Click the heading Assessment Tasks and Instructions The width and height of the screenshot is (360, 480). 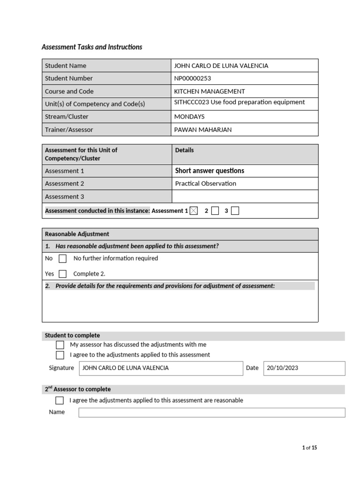pos(92,47)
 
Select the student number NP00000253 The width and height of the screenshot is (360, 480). pos(193,78)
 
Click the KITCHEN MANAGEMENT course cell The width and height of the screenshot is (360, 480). pos(210,91)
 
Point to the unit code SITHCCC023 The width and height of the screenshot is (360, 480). pos(191,102)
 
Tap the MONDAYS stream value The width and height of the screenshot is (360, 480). pos(189,117)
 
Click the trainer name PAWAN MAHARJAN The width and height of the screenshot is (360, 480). pos(202,129)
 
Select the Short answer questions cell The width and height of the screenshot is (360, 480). pos(210,171)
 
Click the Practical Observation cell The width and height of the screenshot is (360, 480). pos(205,184)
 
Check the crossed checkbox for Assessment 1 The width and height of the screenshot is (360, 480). pos(194,211)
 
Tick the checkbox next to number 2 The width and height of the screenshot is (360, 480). pos(215,211)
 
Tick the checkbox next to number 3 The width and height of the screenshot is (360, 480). pos(235,211)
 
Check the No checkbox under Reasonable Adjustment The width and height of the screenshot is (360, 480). pos(62,259)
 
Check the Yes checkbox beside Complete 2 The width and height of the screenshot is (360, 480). pos(62,274)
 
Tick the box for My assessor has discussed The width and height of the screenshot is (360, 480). pos(60,345)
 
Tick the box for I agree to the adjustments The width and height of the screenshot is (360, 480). pos(60,355)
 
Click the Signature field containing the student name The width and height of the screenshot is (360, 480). pos(161,368)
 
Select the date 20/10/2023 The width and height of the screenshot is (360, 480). pos(282,368)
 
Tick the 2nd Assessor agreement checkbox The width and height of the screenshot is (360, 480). pos(60,400)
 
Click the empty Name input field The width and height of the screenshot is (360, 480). pos(211,412)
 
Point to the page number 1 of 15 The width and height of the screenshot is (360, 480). pos(309,448)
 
